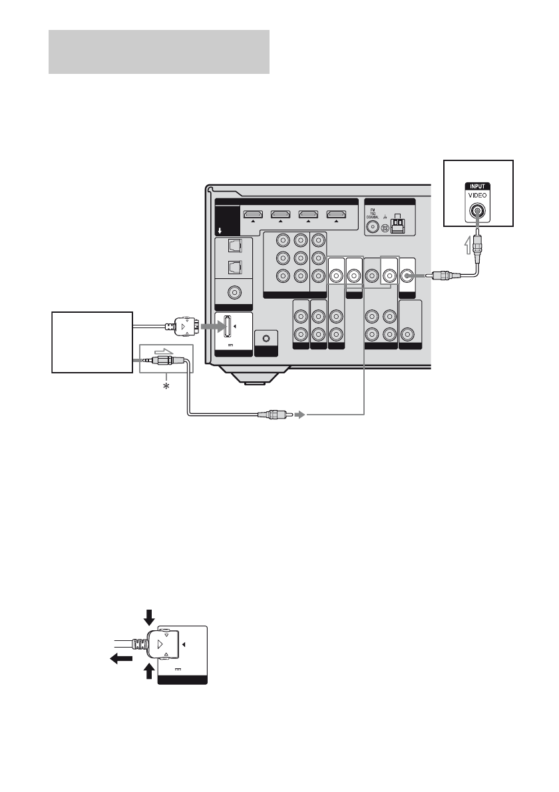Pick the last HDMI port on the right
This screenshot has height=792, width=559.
(335, 214)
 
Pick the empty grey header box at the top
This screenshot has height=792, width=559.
(159, 51)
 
